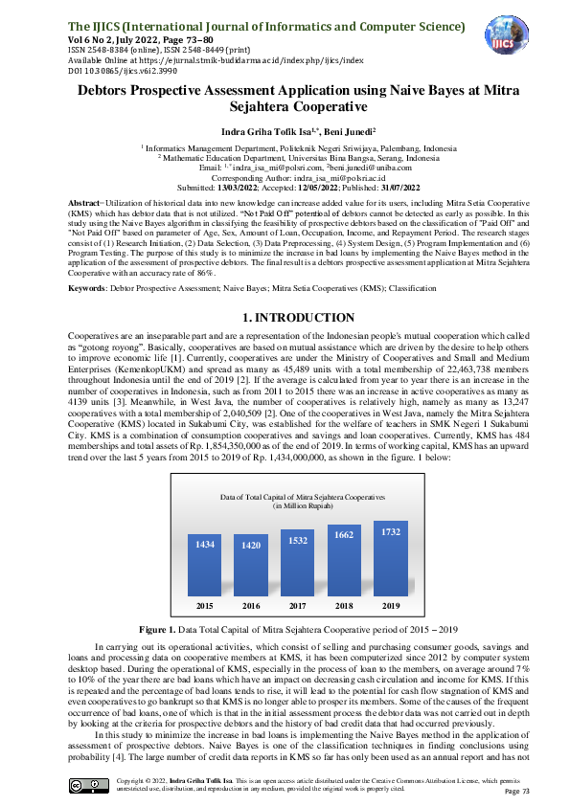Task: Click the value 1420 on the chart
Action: click(x=251, y=545)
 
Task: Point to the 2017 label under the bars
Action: click(x=298, y=606)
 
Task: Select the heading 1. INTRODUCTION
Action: click(x=285, y=290)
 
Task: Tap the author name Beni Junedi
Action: click(x=346, y=130)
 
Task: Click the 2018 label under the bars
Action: click(x=344, y=606)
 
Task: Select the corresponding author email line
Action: click(x=285, y=177)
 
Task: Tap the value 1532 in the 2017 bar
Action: click(x=298, y=541)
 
